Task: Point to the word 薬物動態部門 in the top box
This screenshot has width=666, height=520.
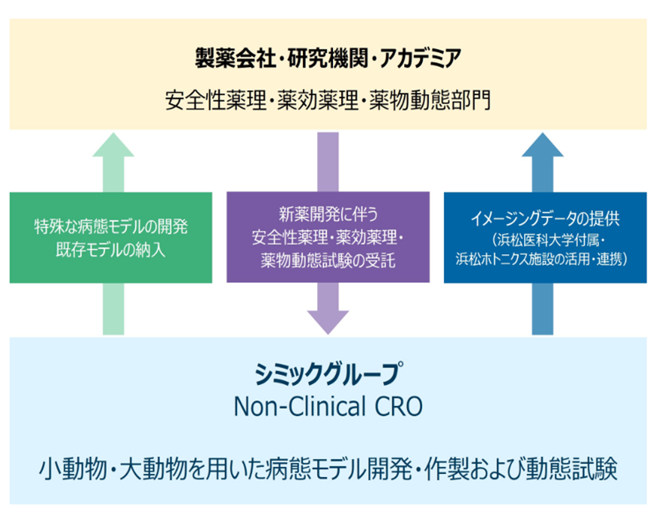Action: click(430, 100)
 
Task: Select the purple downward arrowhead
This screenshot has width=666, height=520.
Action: click(328, 320)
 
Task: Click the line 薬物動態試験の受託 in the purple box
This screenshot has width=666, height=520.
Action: click(328, 261)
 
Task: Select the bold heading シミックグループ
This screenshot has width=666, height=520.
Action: click(328, 374)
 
